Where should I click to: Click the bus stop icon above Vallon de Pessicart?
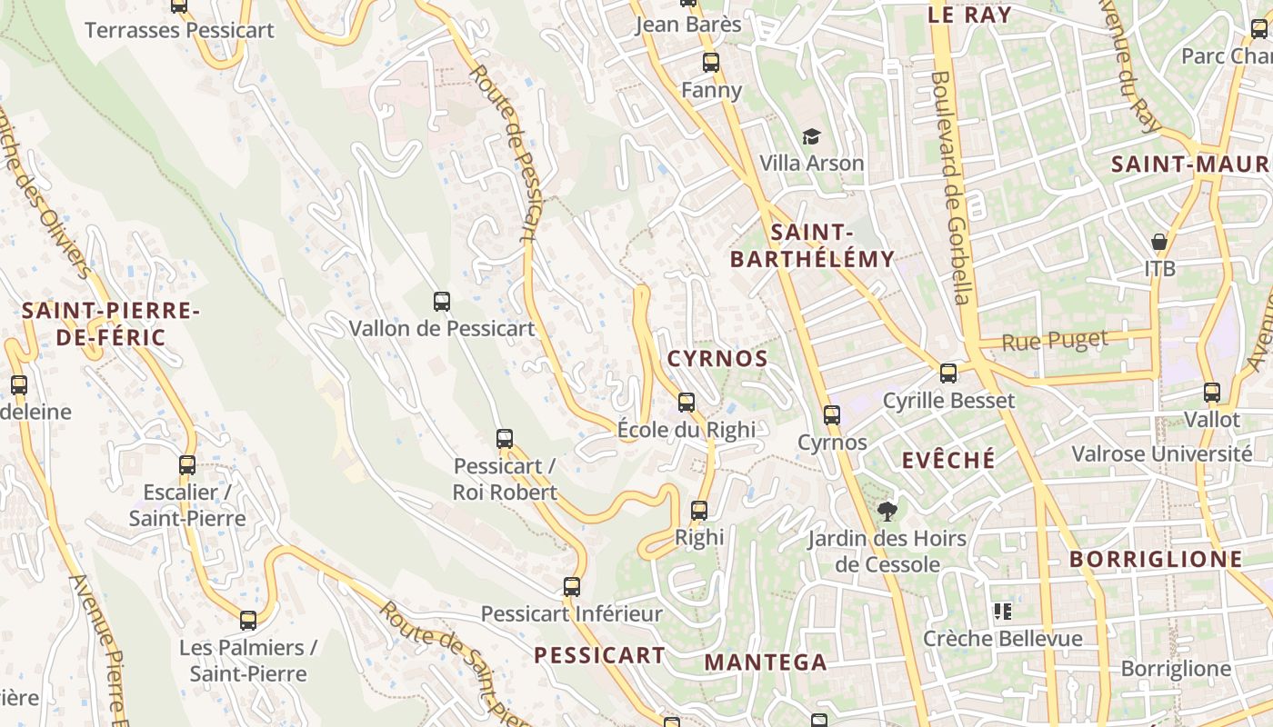point(442,302)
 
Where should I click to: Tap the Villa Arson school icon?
point(811,136)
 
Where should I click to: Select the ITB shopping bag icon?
point(1159,242)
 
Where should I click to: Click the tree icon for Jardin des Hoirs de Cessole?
point(887,512)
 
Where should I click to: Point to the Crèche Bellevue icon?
point(1003,612)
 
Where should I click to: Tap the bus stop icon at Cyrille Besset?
point(948,373)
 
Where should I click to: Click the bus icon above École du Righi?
point(687,402)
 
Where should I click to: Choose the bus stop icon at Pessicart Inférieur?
point(571,587)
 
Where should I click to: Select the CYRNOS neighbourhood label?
point(717,359)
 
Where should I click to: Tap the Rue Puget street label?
point(1055,342)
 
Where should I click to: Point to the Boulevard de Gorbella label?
point(949,188)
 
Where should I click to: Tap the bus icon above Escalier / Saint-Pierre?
point(187,465)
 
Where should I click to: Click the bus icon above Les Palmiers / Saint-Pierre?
point(248,621)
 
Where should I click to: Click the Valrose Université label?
point(1162,453)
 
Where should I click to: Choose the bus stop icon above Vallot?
point(1212,393)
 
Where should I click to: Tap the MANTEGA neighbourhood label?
point(766,662)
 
